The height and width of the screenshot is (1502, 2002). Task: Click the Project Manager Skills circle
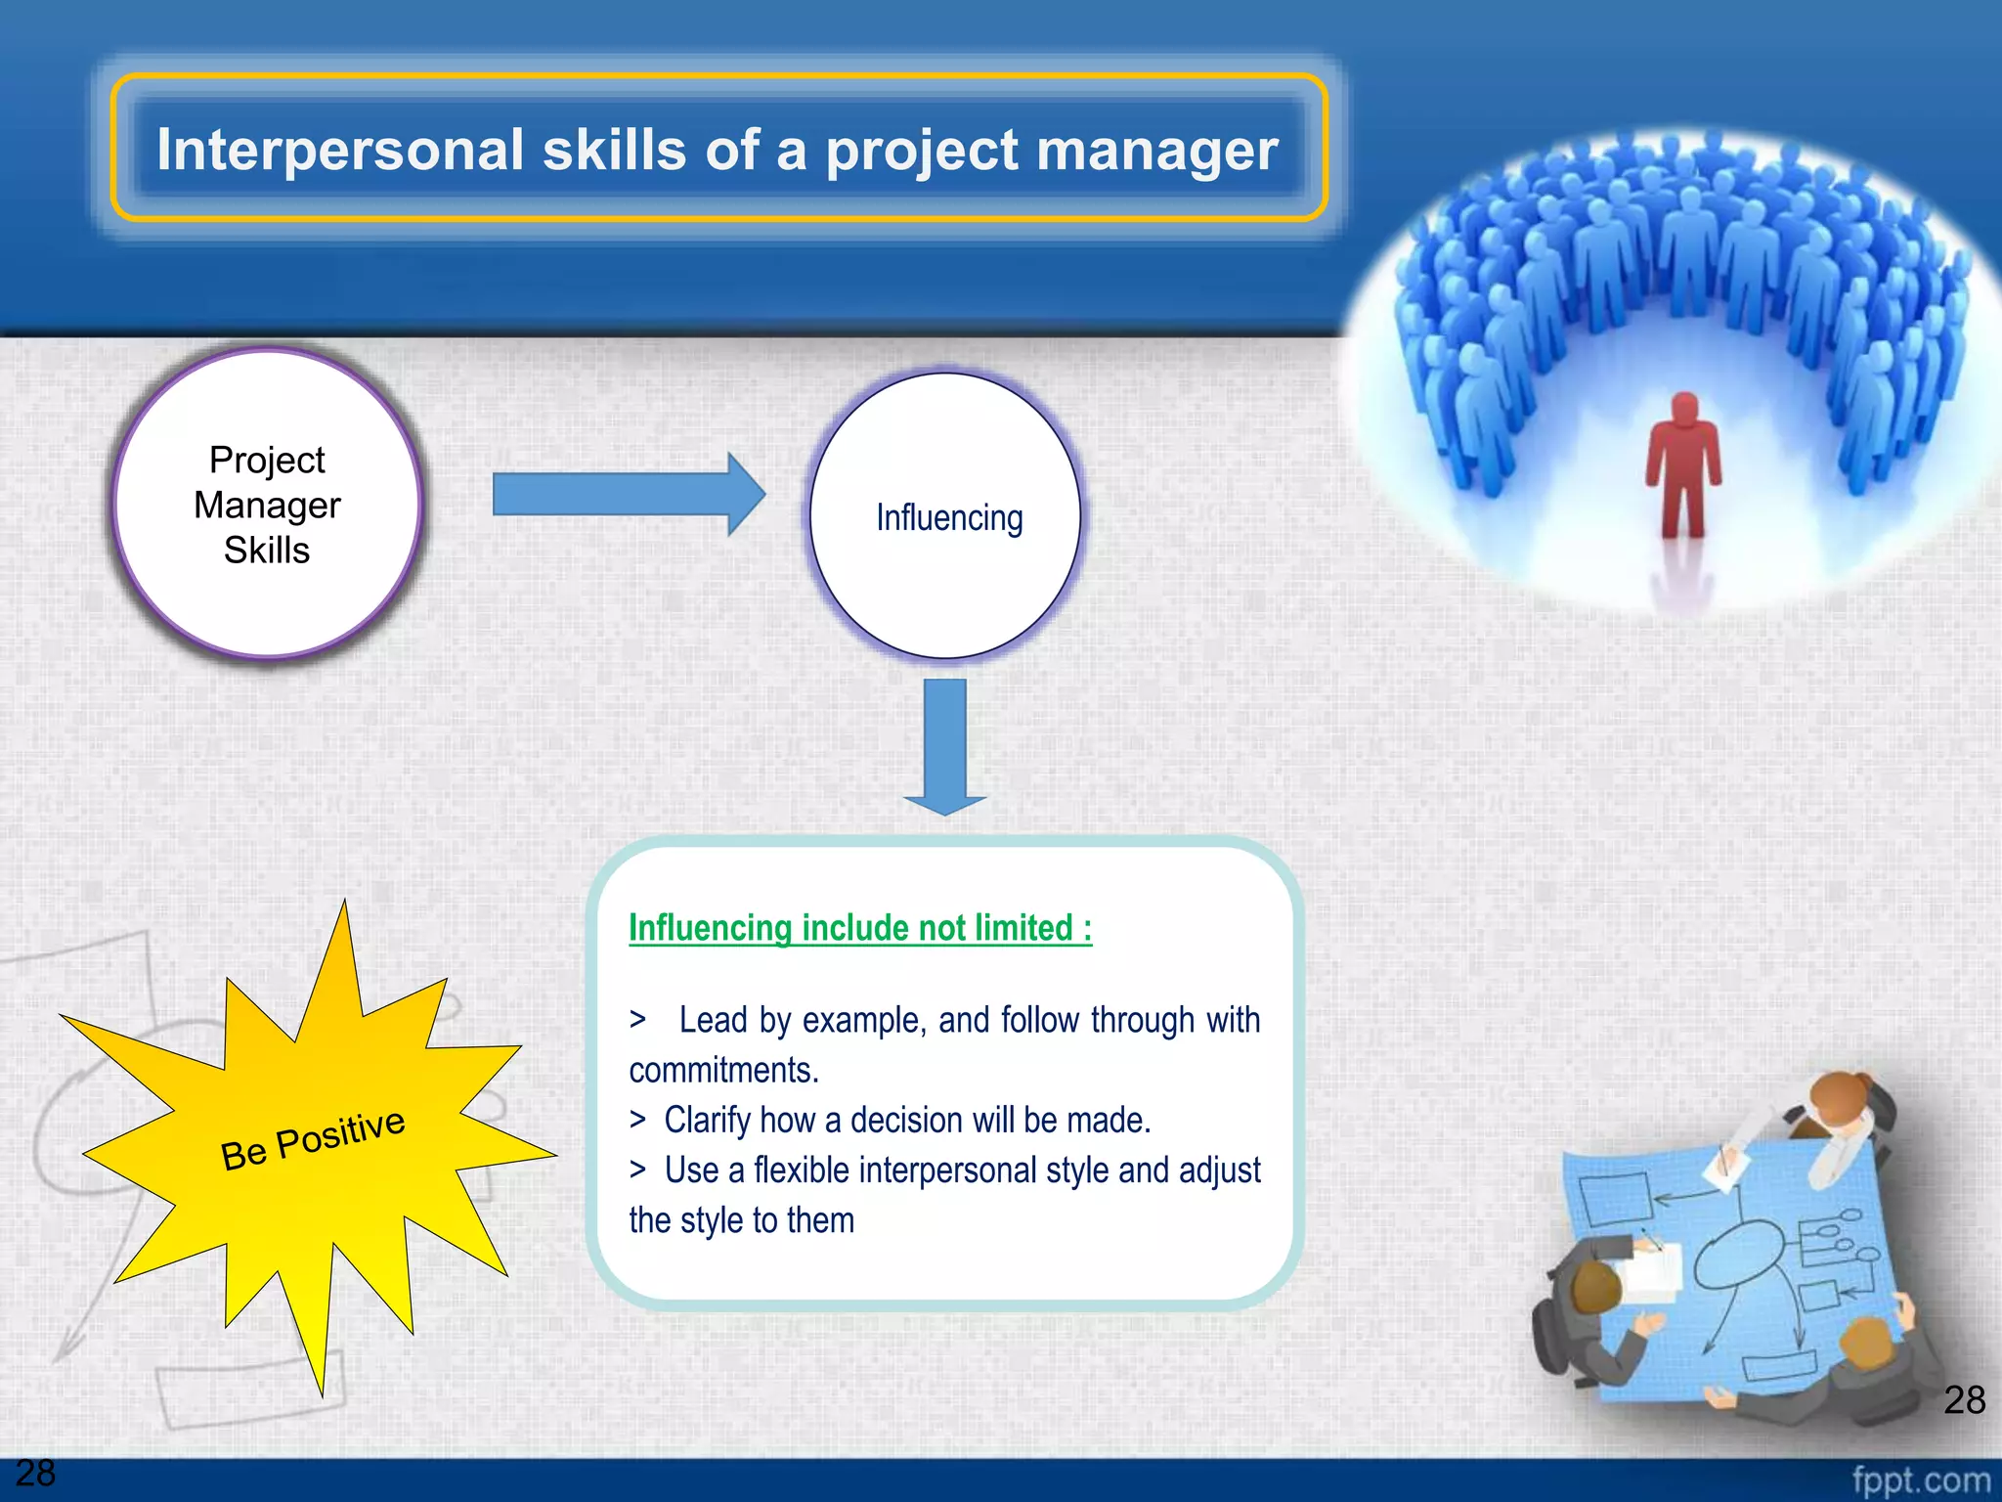click(267, 505)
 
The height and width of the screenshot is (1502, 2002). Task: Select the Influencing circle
click(946, 516)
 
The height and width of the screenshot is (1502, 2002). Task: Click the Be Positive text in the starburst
click(313, 1138)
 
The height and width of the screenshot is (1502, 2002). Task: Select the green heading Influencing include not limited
click(859, 927)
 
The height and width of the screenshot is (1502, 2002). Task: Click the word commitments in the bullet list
click(723, 1070)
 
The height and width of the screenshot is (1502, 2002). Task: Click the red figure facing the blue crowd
click(1682, 464)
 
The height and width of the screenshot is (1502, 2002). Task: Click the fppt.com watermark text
click(1920, 1480)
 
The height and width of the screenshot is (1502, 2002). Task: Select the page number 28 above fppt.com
click(1964, 1399)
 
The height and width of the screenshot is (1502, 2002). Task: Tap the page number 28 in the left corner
click(35, 1473)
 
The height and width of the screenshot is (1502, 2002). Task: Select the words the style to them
click(741, 1220)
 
